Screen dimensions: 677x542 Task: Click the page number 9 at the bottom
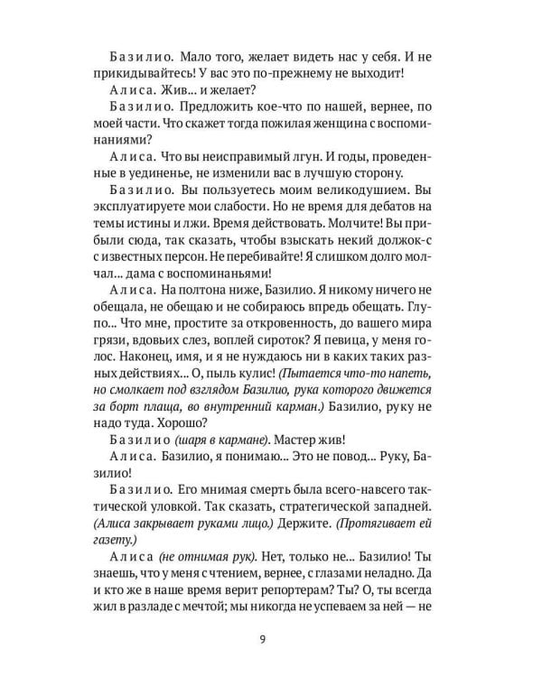pos(271,643)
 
